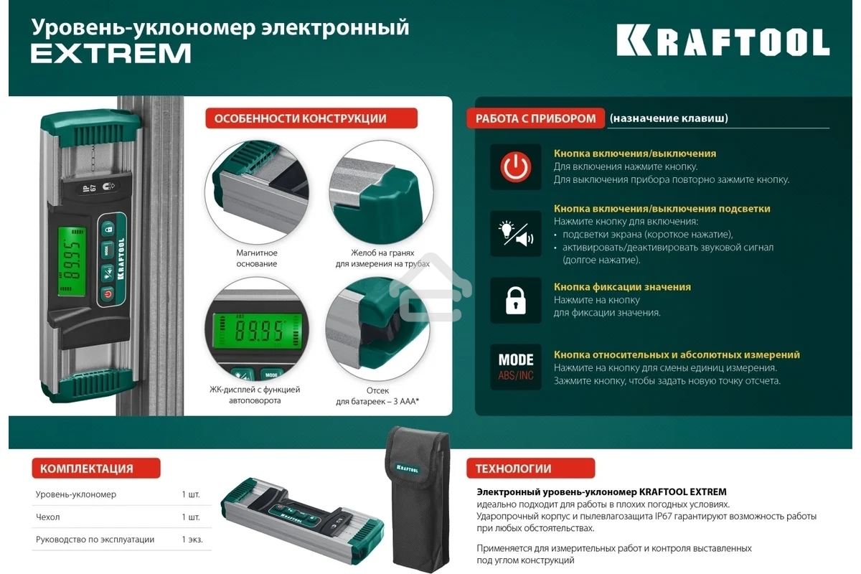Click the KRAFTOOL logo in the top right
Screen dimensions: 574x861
723,42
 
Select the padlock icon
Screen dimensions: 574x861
515,301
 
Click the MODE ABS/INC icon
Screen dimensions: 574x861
515,367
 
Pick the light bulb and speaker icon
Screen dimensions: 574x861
515,234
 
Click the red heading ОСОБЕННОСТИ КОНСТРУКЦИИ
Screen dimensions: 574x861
311,118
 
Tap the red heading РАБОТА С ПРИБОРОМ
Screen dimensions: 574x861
535,118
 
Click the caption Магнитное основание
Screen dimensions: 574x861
257,258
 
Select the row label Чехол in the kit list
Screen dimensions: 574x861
48,517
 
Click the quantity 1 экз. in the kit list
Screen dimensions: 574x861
192,540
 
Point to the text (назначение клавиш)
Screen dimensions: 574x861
668,118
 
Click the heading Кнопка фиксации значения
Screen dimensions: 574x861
622,287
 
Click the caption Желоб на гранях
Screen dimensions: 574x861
377,253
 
